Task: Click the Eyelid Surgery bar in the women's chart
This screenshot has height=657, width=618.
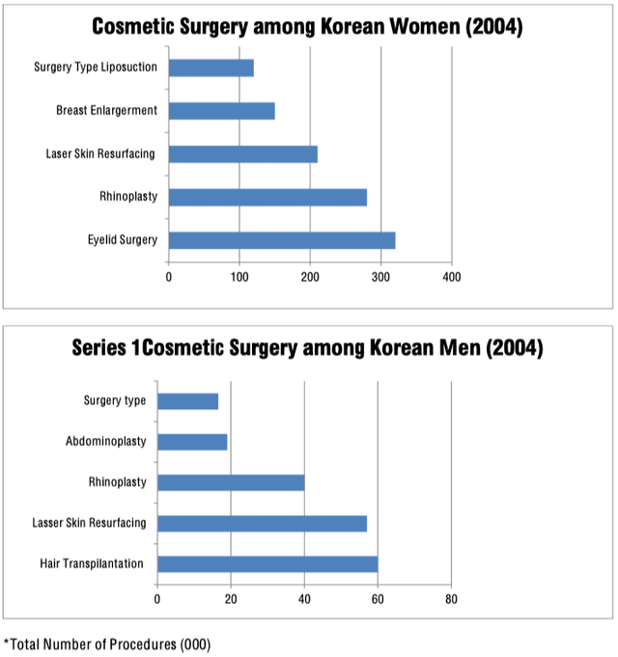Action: [x=282, y=240]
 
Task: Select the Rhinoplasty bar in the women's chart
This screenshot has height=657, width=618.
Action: [x=267, y=197]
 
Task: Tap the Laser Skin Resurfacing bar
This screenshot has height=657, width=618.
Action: [x=243, y=154]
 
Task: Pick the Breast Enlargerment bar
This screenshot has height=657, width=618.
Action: [x=222, y=111]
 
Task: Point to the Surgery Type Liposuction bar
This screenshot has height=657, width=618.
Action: [x=211, y=68]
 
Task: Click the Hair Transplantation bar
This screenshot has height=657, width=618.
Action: [x=267, y=563]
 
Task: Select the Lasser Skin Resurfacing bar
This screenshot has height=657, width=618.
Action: [x=262, y=523]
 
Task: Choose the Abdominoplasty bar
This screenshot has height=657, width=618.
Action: [x=192, y=442]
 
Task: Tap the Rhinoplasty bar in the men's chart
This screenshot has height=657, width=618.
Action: [x=231, y=482]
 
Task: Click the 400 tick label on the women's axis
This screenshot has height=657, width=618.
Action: [x=451, y=277]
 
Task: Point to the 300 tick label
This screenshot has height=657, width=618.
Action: [x=380, y=277]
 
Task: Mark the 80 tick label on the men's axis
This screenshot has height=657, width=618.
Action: [x=451, y=599]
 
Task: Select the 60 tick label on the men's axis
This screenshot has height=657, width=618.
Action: [x=378, y=599]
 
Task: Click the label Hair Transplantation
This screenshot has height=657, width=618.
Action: [x=93, y=563]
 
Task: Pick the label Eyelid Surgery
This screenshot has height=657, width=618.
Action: [x=122, y=240]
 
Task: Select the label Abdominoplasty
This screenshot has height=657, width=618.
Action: [x=106, y=442]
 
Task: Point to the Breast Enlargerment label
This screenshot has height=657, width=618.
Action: [x=106, y=111]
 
